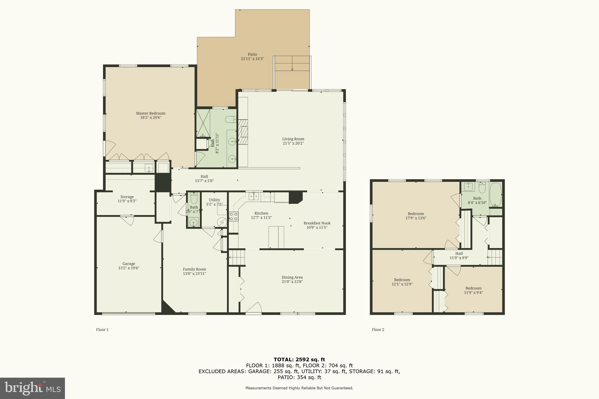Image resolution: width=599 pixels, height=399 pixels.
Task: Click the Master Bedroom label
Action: point(150,113)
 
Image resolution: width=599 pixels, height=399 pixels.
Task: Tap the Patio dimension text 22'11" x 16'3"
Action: point(252,59)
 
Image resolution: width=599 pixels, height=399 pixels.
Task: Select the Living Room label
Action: point(293,139)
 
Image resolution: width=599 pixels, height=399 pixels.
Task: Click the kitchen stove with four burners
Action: point(233,216)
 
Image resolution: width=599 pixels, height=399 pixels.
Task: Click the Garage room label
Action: point(128,264)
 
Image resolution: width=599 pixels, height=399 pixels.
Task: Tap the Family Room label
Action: point(194,269)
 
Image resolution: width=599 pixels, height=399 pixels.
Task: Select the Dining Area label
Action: point(292,277)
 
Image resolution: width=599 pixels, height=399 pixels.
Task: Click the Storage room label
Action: point(127,197)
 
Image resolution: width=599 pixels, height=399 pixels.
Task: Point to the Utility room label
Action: point(214,200)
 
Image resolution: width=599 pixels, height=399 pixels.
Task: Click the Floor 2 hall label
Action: point(459,253)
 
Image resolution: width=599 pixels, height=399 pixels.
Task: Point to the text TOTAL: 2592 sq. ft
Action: point(299,360)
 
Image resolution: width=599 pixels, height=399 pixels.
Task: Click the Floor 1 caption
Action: point(102,330)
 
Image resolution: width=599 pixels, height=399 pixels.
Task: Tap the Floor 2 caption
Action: point(378,330)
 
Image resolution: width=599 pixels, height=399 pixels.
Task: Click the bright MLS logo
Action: point(32,388)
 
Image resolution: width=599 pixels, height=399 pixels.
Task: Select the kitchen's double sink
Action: point(254,196)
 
